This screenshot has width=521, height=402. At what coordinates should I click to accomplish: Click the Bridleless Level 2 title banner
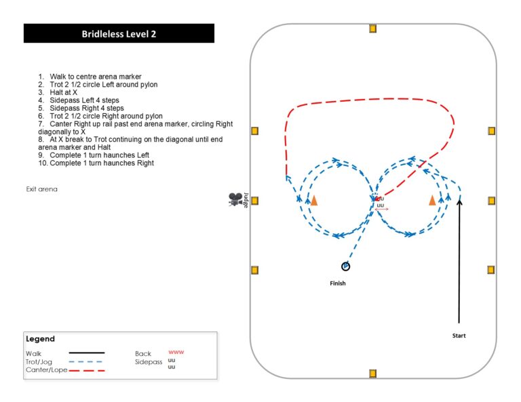(x=119, y=33)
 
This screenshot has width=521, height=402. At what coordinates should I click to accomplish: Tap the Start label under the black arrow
(x=459, y=336)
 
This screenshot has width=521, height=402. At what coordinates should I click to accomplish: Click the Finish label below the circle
(x=337, y=283)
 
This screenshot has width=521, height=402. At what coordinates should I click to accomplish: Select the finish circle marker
(x=345, y=266)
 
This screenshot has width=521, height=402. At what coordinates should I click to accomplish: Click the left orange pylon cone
(x=313, y=200)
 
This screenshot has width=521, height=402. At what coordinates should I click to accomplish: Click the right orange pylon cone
(x=432, y=200)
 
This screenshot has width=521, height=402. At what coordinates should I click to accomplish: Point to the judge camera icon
(x=235, y=199)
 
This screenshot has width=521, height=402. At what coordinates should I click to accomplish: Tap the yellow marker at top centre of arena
(x=372, y=28)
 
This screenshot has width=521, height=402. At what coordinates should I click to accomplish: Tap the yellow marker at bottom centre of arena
(x=372, y=374)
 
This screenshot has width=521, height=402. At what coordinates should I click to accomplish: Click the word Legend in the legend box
(x=40, y=339)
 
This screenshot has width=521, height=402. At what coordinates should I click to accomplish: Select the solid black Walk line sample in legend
(x=86, y=353)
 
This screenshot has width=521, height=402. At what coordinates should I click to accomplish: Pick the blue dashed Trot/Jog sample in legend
(x=86, y=361)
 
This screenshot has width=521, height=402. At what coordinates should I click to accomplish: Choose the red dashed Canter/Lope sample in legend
(x=86, y=370)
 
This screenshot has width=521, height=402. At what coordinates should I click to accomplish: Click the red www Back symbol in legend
(x=176, y=353)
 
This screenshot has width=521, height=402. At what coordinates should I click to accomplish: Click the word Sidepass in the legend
(x=148, y=362)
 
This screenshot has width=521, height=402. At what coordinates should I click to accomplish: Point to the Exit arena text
(x=42, y=189)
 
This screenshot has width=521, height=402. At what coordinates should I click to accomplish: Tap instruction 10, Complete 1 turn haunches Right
(x=101, y=163)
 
